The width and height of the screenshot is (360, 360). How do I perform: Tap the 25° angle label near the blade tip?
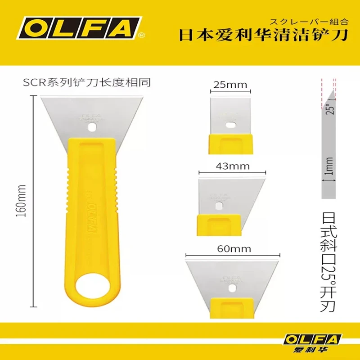(331, 110)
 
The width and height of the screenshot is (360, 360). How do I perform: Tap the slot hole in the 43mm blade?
(219, 206)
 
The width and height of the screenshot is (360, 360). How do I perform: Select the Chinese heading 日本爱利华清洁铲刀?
(264, 36)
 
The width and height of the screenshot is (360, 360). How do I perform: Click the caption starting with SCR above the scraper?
(86, 83)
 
